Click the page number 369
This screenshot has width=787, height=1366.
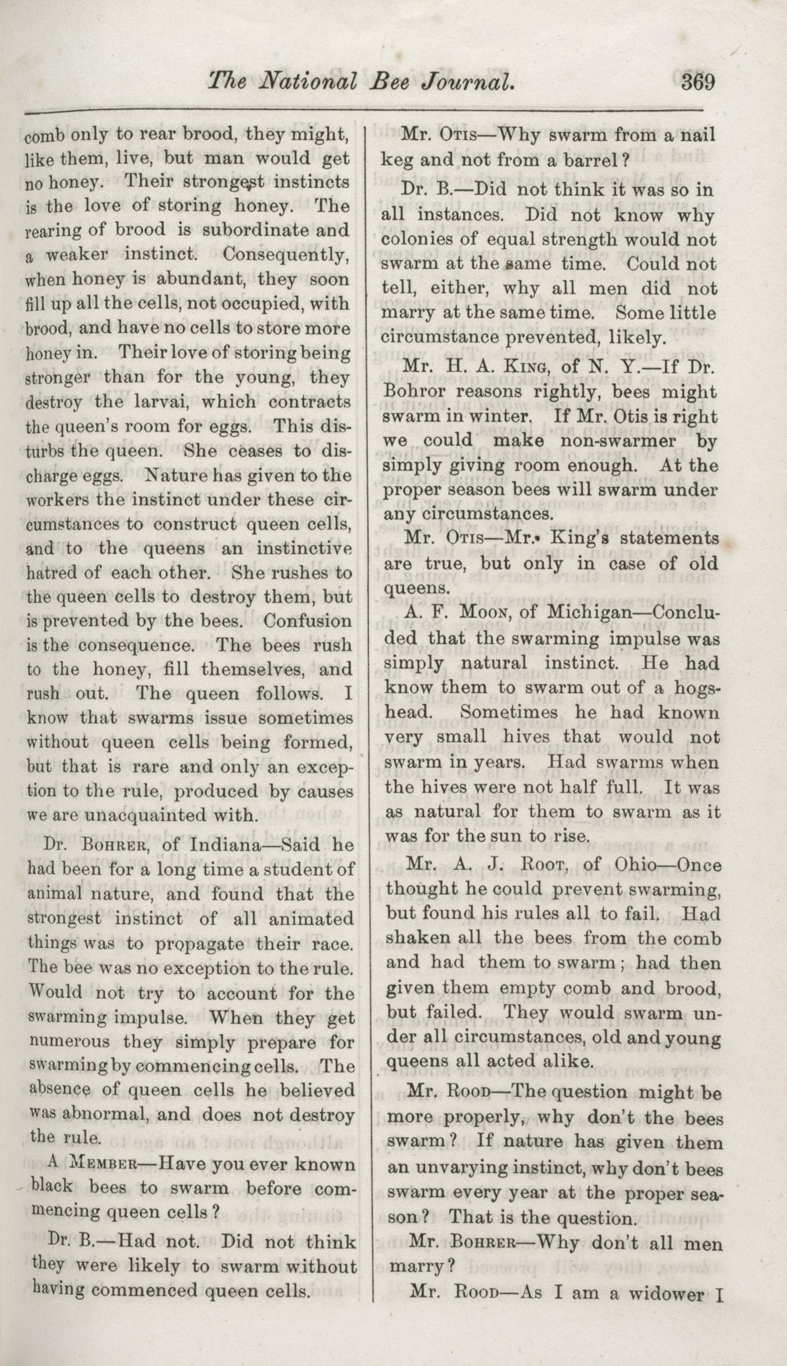(x=698, y=82)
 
